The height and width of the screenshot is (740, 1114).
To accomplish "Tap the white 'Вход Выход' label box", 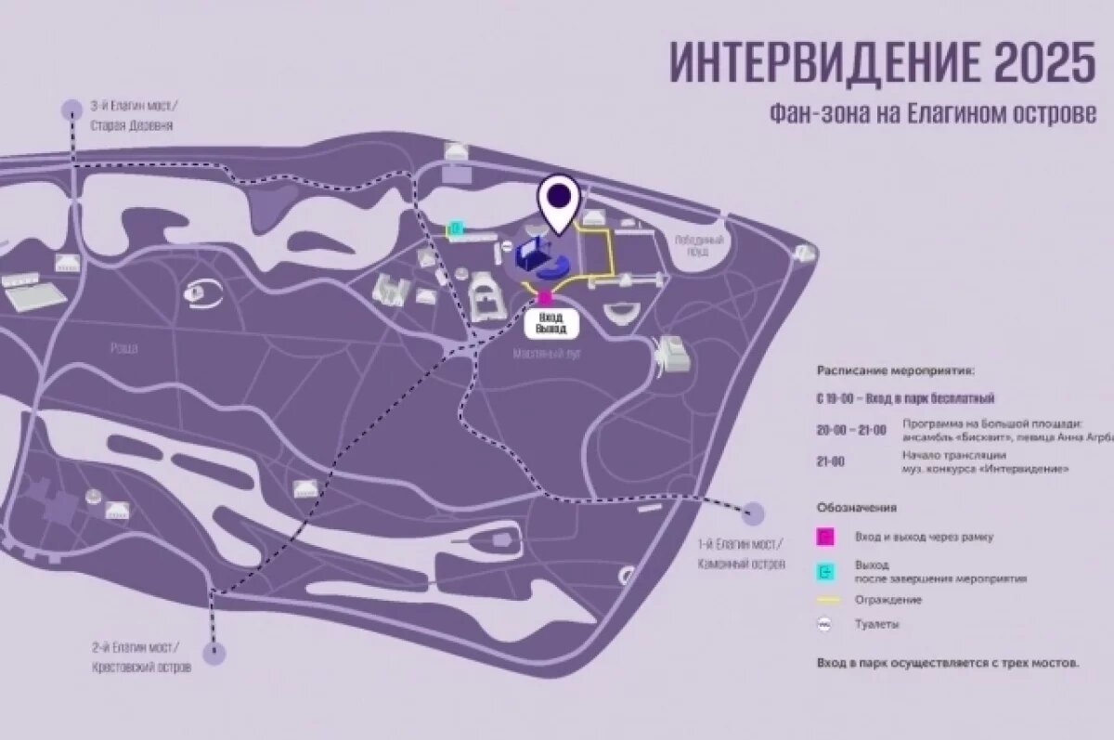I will [x=551, y=323].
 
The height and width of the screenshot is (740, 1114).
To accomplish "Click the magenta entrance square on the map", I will [x=545, y=297].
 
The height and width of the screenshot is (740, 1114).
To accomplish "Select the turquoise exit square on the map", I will [x=455, y=227].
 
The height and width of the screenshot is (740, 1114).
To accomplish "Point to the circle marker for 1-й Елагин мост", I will [x=753, y=513].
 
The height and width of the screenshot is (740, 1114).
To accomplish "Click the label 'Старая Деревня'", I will [x=132, y=126].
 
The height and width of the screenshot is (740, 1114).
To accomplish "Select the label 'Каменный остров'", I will [x=741, y=564].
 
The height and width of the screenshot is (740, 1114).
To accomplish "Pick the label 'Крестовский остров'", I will [x=143, y=668].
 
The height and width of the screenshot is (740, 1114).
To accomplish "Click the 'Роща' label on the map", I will [x=123, y=348].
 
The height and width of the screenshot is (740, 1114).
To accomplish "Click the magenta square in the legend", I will [x=826, y=536].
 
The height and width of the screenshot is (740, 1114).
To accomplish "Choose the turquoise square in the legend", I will [x=826, y=571].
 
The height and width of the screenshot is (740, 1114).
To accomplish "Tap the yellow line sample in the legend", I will [x=826, y=600].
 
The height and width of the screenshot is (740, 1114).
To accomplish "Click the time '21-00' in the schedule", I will [x=831, y=461].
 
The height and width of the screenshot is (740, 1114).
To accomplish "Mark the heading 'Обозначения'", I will [x=856, y=508].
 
